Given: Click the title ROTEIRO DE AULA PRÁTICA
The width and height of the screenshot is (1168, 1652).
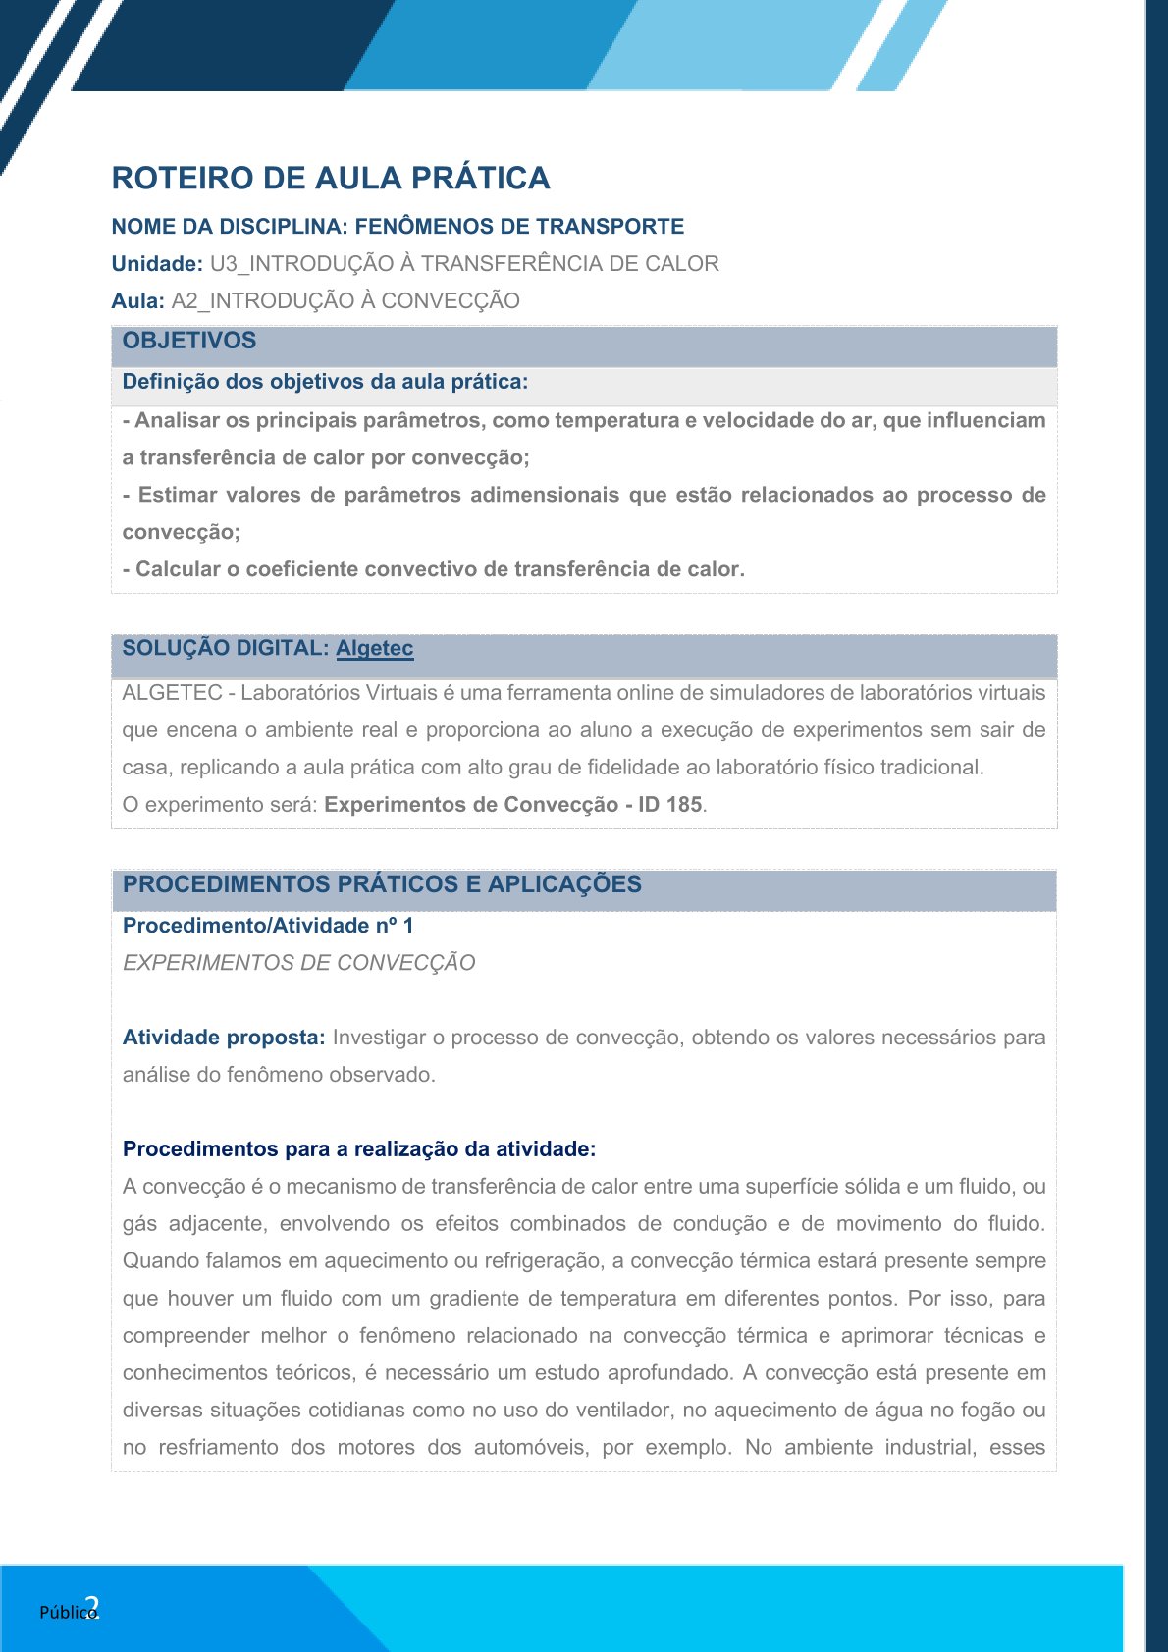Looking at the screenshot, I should [x=330, y=178].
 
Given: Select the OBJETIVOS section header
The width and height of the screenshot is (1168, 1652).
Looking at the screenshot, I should [x=188, y=341].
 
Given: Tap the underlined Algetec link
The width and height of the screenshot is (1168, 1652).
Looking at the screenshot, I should [x=374, y=648].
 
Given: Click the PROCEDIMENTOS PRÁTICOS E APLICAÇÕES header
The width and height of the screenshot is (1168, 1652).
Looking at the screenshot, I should [x=382, y=883].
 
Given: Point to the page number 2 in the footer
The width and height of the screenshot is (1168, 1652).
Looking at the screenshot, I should [x=92, y=1607].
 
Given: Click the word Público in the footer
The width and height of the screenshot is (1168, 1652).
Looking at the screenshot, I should [x=66, y=1612].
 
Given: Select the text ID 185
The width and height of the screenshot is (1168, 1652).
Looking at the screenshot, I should [x=669, y=804].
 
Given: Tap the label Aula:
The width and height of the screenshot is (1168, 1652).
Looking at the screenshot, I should [x=137, y=300].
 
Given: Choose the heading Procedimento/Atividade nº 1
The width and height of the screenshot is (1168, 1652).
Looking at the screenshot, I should [x=268, y=925].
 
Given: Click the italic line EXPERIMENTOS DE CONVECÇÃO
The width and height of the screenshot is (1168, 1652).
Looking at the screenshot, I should [x=298, y=962].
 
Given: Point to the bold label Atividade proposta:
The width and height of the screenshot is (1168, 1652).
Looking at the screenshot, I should [x=224, y=1037].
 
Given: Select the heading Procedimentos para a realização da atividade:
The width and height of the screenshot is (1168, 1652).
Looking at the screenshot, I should [x=359, y=1148].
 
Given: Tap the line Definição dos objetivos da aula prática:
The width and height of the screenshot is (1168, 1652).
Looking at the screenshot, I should [x=325, y=381].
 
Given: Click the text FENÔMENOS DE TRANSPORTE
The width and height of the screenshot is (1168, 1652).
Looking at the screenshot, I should [x=519, y=226].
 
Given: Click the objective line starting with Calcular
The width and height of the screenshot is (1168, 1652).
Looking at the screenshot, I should [x=433, y=569].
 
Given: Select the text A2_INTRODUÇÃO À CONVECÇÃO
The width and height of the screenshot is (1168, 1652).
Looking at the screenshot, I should [x=345, y=300].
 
